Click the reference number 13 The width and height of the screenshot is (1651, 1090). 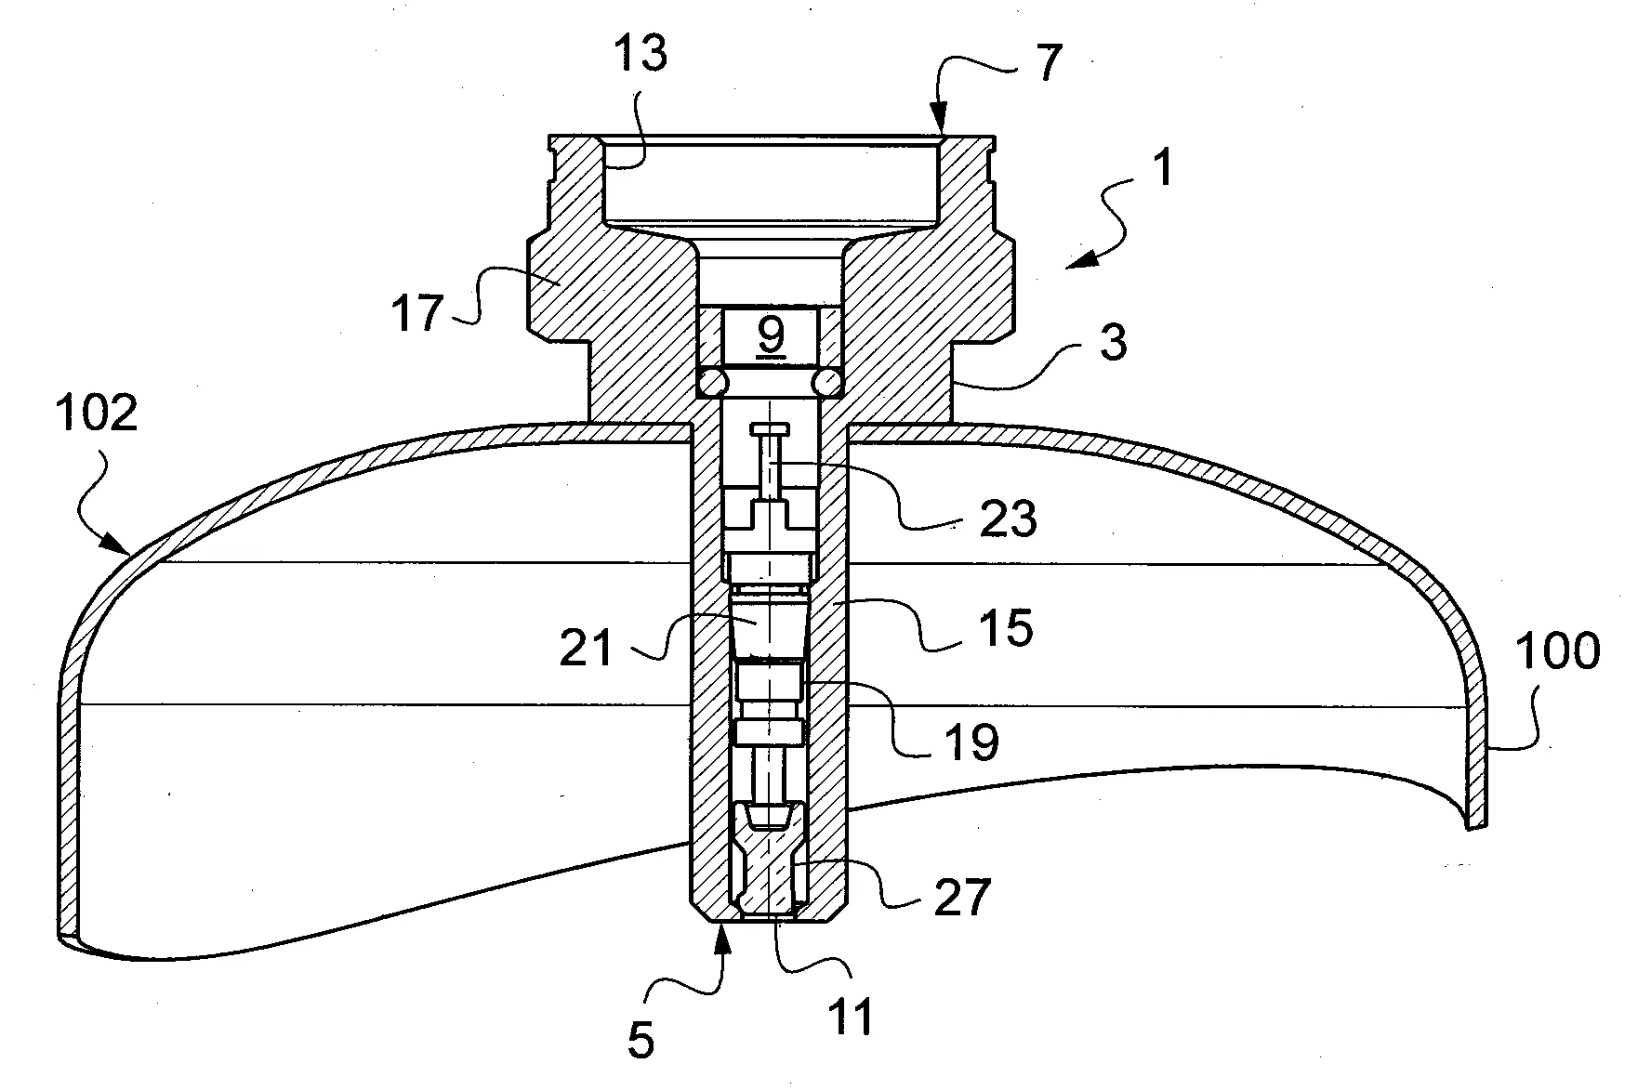(640, 56)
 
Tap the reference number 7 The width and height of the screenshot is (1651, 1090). (1047, 63)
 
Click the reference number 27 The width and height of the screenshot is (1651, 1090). (961, 898)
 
